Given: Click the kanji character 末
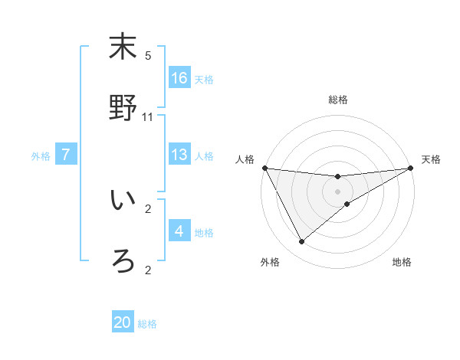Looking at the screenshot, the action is click(122, 47).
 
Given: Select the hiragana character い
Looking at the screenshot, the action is click(122, 200).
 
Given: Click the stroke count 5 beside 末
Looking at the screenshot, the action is click(148, 56).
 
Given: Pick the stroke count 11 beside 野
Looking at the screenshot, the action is click(148, 117).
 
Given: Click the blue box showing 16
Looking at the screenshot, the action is click(179, 78).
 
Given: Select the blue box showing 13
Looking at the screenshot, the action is click(179, 155).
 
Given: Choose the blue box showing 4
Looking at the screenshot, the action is click(179, 231).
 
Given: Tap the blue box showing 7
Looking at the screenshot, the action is click(66, 155).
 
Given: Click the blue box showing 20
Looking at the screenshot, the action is click(123, 322).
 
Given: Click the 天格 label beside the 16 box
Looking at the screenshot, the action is click(204, 79).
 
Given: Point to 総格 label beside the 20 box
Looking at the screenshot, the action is click(147, 324).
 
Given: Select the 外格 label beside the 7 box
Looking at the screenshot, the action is click(41, 155).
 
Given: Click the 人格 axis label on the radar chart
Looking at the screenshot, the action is click(246, 159).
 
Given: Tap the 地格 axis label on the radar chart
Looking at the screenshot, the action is click(402, 262).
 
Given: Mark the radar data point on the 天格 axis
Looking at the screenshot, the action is click(410, 169).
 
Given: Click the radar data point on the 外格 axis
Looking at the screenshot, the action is click(301, 242).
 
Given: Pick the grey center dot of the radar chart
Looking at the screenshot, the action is click(337, 191).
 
